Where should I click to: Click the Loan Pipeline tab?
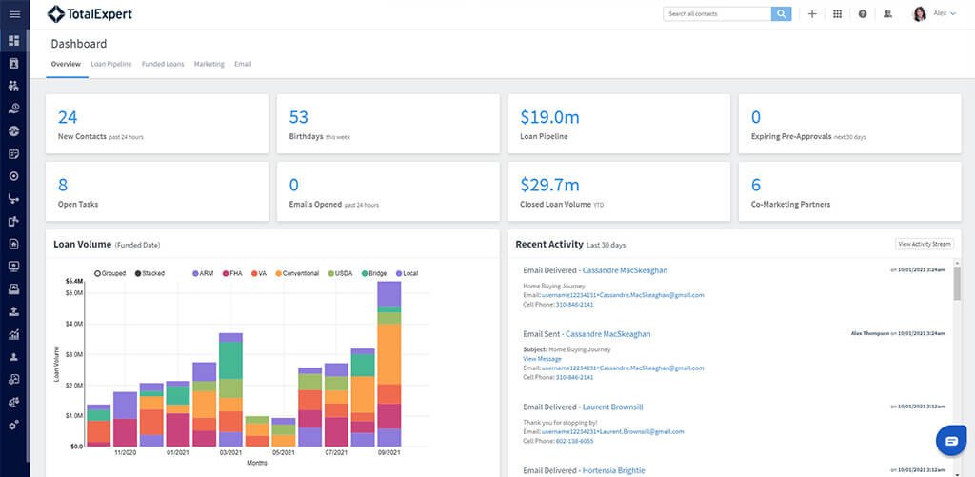pyautogui.click(x=111, y=64)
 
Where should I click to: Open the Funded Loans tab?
pyautogui.click(x=163, y=64)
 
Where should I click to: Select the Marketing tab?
pyautogui.click(x=209, y=64)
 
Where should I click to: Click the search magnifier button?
pyautogui.click(x=781, y=14)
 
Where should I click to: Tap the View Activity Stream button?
pyautogui.click(x=923, y=245)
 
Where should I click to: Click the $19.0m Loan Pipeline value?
pyautogui.click(x=549, y=117)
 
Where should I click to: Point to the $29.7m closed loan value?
pyautogui.click(x=549, y=185)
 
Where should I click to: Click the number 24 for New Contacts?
pyautogui.click(x=68, y=117)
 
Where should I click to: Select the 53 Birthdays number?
pyautogui.click(x=299, y=117)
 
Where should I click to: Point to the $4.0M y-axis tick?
pyautogui.click(x=73, y=323)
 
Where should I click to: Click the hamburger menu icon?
pyautogui.click(x=14, y=14)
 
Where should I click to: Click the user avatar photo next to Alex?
pyautogui.click(x=920, y=14)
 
